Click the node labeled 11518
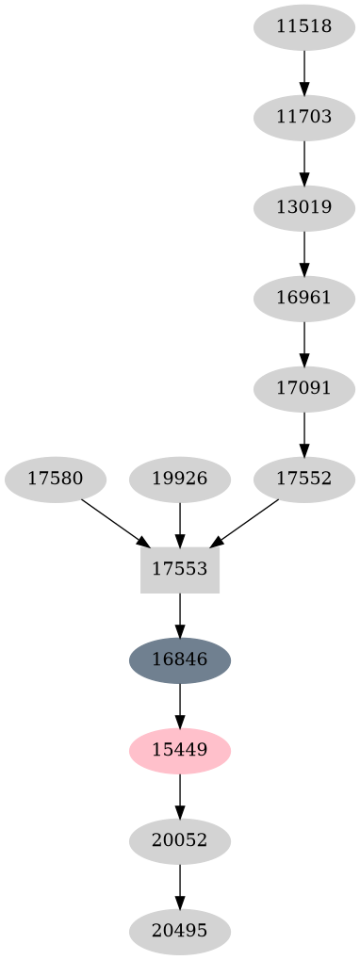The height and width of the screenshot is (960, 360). (x=304, y=26)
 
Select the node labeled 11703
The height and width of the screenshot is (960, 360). (x=304, y=118)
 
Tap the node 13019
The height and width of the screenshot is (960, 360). (x=304, y=208)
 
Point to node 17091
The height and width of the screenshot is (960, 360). (x=304, y=388)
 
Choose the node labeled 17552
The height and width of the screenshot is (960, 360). (x=304, y=479)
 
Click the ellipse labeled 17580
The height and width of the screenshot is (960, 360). (x=55, y=479)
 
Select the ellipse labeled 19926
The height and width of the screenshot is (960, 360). (x=179, y=479)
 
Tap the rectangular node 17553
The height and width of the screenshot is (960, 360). (x=179, y=569)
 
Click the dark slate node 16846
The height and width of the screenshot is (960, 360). (x=179, y=659)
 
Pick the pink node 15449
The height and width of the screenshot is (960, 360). (x=179, y=750)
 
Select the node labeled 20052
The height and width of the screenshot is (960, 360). (x=179, y=840)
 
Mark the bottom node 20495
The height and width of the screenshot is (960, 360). (x=179, y=931)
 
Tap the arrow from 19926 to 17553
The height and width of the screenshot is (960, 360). (x=179, y=524)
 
